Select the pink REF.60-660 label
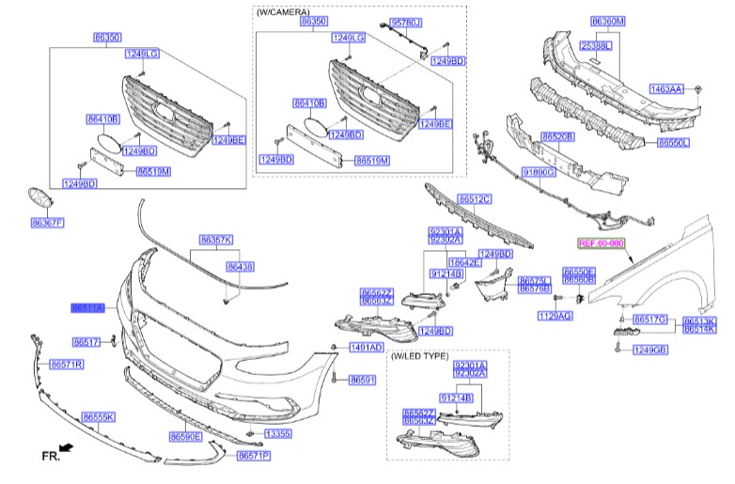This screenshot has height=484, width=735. point(601,243)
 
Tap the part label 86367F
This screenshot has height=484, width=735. point(47,223)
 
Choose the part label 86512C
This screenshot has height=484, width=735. point(475,199)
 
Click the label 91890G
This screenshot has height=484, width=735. point(539,173)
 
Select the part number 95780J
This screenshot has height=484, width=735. point(406,22)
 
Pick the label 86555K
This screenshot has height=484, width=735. point(98,416)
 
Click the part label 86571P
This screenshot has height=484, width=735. point(253,456)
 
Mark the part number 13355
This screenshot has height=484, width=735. point(277,434)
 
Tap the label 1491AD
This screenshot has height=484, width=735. point(366,348)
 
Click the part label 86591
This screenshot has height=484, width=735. point(362,381)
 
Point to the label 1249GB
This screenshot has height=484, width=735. point(649,351)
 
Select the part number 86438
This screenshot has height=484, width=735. point(240,267)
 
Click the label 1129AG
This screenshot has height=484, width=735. point(555,317)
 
